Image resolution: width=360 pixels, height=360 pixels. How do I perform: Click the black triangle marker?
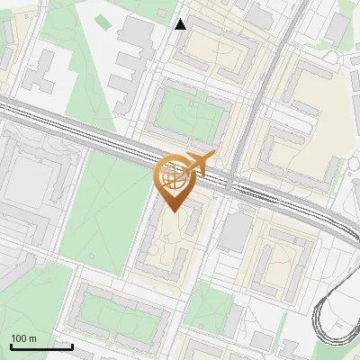(181, 23)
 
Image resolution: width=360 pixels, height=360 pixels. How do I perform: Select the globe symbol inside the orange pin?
(174, 178)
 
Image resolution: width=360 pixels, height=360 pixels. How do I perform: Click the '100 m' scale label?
(23, 338)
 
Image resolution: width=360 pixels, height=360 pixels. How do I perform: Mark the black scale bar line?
(41, 346)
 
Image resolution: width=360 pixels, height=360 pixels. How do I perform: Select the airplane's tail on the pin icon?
(209, 157)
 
